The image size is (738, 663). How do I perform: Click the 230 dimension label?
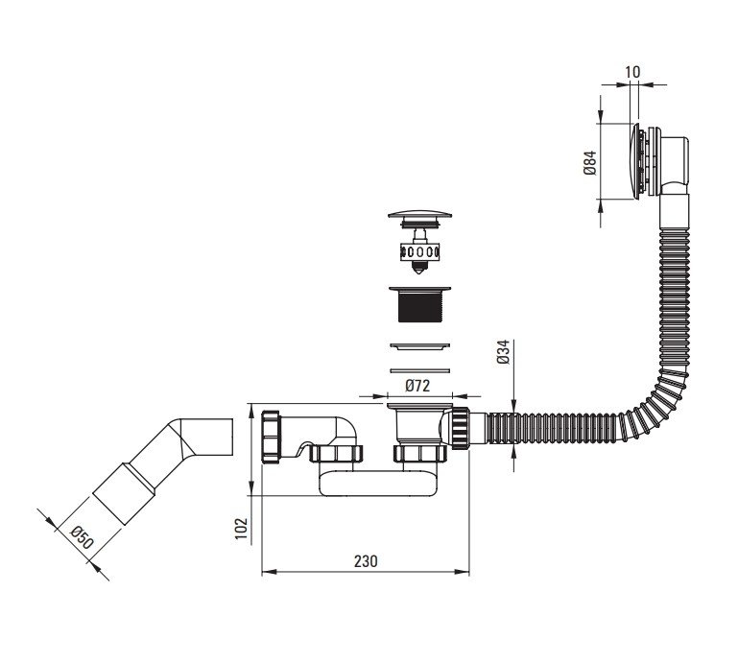[366, 561]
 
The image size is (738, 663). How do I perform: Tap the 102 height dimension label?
[241, 529]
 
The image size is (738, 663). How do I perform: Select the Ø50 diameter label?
[82, 538]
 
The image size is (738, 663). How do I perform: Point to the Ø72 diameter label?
[417, 386]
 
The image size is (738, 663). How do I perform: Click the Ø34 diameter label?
[503, 351]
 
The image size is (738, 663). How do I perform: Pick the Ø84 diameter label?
[590, 163]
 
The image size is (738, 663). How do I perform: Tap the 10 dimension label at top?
[633, 72]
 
